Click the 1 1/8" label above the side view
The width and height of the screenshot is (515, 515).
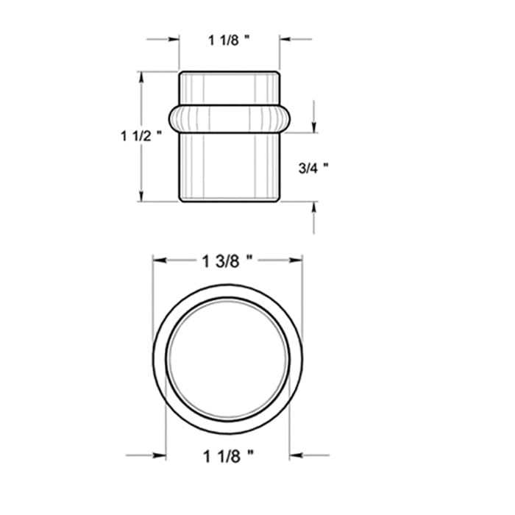pyautogui.click(x=229, y=40)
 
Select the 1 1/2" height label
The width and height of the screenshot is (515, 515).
pyautogui.click(x=141, y=136)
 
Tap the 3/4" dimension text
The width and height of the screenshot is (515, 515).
pyautogui.click(x=313, y=168)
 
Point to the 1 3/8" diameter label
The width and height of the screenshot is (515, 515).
pyautogui.click(x=227, y=261)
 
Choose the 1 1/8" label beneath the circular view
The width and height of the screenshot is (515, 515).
pyautogui.click(x=228, y=456)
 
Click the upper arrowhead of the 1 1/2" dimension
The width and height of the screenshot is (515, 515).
pyautogui.click(x=141, y=77)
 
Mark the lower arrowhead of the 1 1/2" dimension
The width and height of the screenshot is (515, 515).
pyautogui.click(x=141, y=196)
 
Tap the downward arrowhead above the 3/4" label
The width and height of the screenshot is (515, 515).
pyautogui.click(x=314, y=127)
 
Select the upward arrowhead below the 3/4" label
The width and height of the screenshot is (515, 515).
pyautogui.click(x=314, y=207)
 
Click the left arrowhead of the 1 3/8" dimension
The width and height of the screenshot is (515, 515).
pyautogui.click(x=159, y=260)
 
